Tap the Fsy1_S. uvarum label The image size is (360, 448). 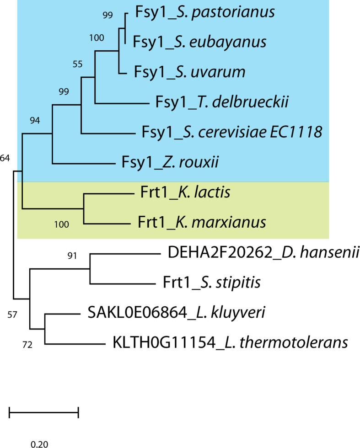(189, 72)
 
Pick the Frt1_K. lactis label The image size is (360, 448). (183, 193)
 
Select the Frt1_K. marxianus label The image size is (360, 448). (202, 223)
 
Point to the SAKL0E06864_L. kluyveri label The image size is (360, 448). (171, 313)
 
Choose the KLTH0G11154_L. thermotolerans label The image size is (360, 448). (230, 342)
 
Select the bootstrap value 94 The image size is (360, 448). (35, 121)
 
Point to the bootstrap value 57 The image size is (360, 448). (13, 315)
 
